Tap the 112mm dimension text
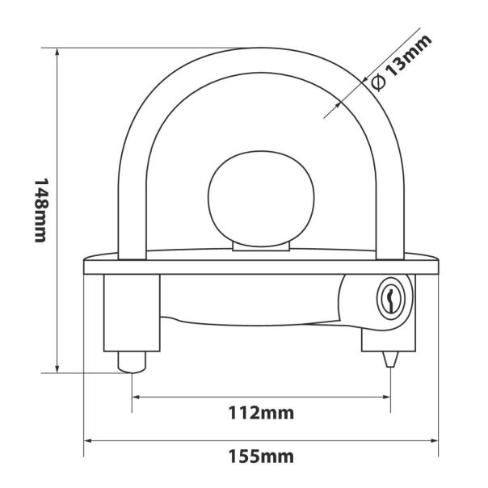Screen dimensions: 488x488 tap(261, 414)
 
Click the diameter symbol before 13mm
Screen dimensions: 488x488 tap(377, 81)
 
